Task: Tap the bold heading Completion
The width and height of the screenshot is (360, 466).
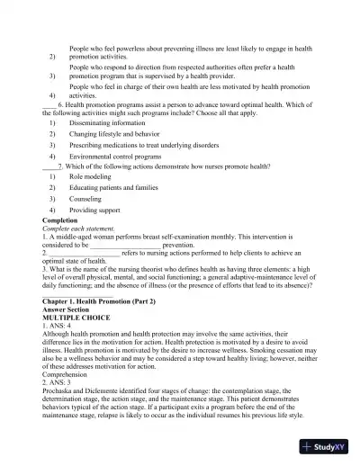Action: [x=60, y=220]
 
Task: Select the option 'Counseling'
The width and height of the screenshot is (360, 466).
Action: [x=85, y=199]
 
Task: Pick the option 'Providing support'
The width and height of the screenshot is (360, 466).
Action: [x=94, y=210]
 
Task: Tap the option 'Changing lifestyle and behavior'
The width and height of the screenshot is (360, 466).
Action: [x=116, y=133]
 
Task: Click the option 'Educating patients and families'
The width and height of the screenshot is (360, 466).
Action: [x=112, y=188]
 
